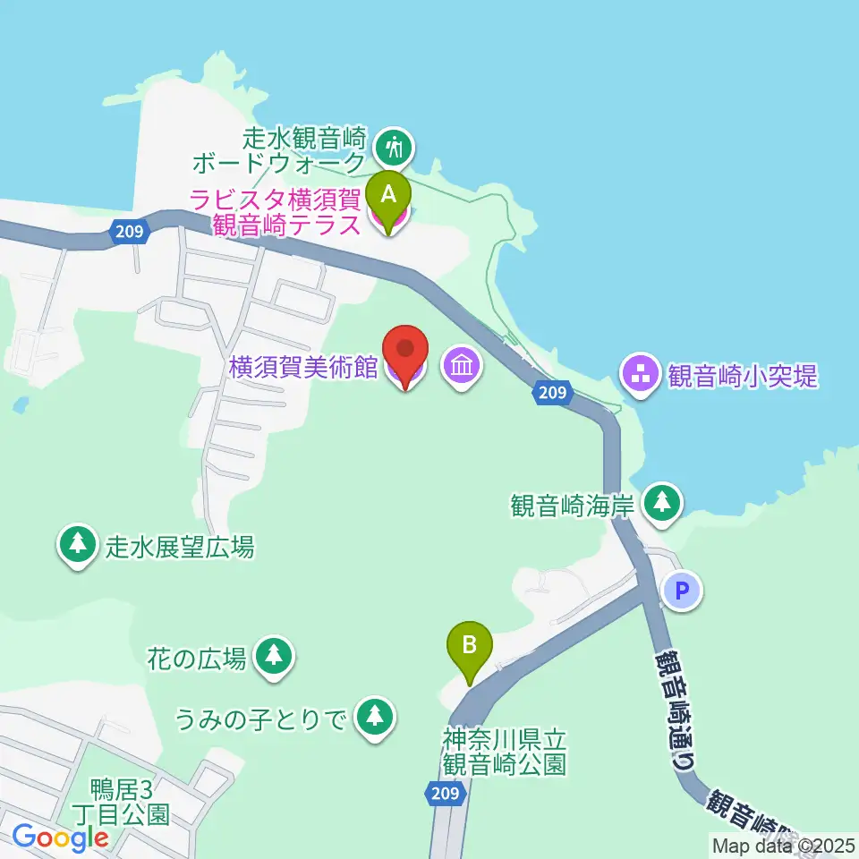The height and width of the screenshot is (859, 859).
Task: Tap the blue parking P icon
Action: pyautogui.click(x=683, y=591)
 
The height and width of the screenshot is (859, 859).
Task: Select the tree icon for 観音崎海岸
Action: pyautogui.click(x=662, y=502)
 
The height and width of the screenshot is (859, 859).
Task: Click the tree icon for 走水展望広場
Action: pyautogui.click(x=77, y=544)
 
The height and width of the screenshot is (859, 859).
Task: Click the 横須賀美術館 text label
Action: pyautogui.click(x=302, y=367)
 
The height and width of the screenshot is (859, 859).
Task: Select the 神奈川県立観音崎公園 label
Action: pyautogui.click(x=505, y=753)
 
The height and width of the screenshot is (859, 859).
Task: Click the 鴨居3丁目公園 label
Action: pyautogui.click(x=130, y=802)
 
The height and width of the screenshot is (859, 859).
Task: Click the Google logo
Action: pyautogui.click(x=61, y=838)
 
